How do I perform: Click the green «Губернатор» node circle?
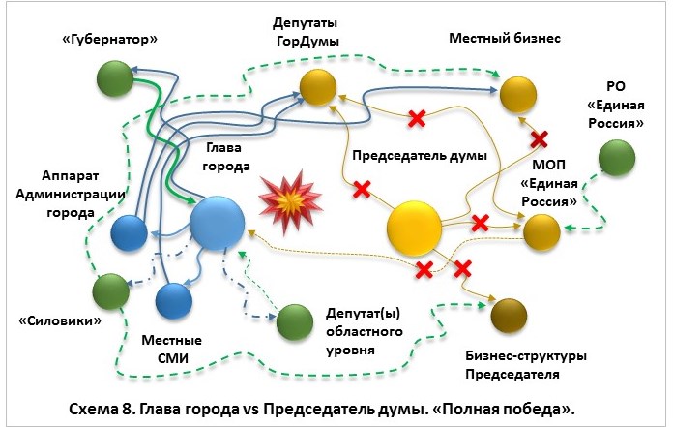click(x=115, y=77)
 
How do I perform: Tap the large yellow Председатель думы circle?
click(x=415, y=229)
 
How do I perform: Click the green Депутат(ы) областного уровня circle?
click(x=294, y=322)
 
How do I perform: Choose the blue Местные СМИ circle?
click(x=176, y=300)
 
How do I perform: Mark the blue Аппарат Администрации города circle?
click(x=129, y=232)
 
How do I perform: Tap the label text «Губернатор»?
click(x=109, y=39)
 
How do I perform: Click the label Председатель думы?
click(x=418, y=155)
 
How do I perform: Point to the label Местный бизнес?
click(x=505, y=38)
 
